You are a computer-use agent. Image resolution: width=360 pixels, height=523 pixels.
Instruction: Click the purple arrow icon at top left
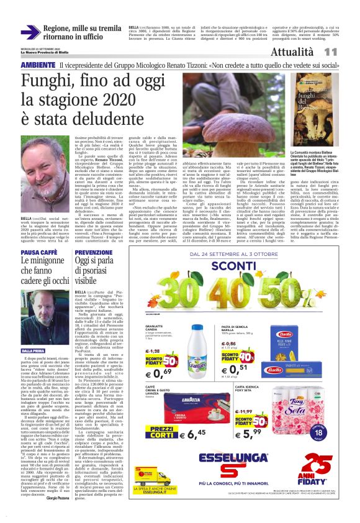point(29,32)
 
